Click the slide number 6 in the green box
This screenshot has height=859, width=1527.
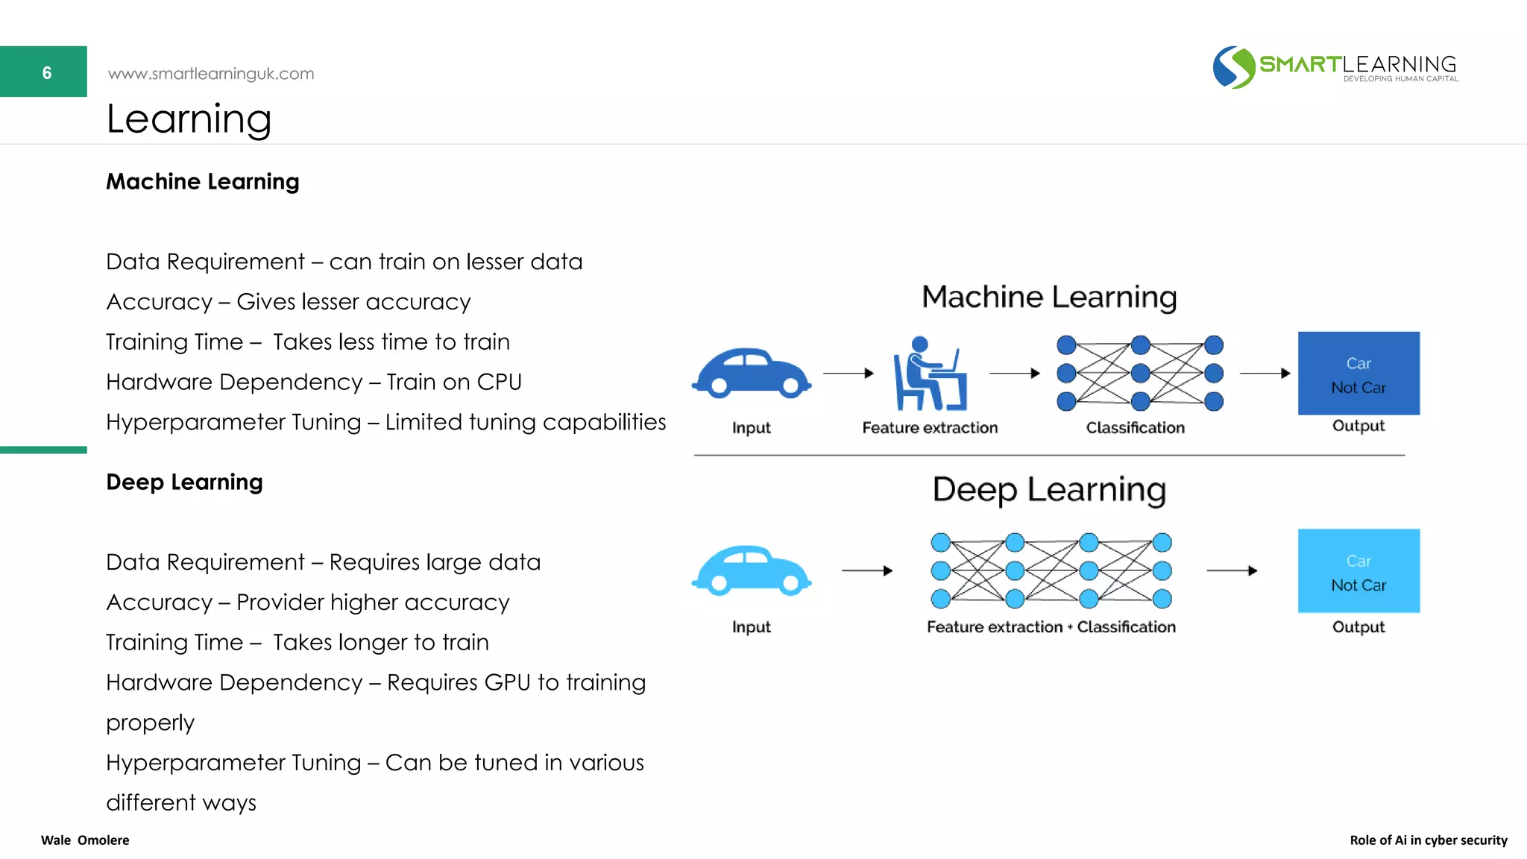[46, 72]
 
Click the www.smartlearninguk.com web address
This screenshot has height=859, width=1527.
[211, 74]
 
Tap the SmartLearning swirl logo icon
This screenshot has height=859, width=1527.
[1233, 68]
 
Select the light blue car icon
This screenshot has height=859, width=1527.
[751, 571]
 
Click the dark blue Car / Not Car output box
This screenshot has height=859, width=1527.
[1358, 374]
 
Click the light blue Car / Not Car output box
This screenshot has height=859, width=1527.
[1358, 571]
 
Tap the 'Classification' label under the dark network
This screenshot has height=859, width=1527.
[1135, 428]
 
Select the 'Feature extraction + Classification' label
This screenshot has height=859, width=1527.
[1051, 627]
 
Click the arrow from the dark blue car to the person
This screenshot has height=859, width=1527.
[848, 373]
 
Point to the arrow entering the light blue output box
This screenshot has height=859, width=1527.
[1232, 570]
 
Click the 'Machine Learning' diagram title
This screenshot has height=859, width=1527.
[1049, 297]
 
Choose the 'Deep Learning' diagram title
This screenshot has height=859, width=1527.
[1049, 490]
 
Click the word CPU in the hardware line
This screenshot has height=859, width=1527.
[499, 382]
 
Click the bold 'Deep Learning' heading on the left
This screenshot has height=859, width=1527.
[184, 482]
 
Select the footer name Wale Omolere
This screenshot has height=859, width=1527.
[85, 840]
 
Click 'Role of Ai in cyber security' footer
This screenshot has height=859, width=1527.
[1428, 840]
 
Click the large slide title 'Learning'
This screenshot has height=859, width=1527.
[189, 119]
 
